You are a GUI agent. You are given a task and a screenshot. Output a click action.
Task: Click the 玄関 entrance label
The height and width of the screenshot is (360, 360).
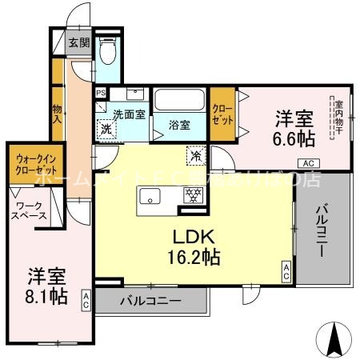pyautogui.click(x=78, y=44)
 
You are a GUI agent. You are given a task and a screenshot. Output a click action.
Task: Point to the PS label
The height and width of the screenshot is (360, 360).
pyautogui.click(x=100, y=93)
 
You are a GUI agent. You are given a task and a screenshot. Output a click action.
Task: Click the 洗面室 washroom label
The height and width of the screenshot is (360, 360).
pyautogui.click(x=128, y=114)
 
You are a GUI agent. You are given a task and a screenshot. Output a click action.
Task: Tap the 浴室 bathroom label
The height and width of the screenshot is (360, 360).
pyautogui.click(x=178, y=125)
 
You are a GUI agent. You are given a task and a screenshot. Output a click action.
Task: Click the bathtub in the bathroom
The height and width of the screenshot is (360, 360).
pyautogui.click(x=180, y=101)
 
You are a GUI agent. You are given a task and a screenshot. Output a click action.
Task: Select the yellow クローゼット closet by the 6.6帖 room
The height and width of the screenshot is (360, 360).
pyautogui.click(x=222, y=114)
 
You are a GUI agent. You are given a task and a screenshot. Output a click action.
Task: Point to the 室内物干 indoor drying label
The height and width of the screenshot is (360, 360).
pyautogui.click(x=338, y=117)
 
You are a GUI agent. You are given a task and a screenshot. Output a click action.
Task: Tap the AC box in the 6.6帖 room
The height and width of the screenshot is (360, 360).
pyautogui.click(x=309, y=163)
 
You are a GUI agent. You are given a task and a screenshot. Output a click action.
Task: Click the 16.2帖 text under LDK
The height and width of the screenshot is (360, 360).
pyautogui.click(x=194, y=258)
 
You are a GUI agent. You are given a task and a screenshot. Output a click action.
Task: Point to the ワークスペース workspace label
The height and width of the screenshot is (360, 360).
pyautogui.click(x=30, y=211)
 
